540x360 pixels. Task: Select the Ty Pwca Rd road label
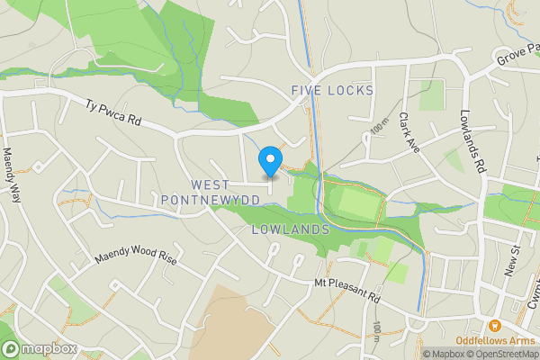point(115,112)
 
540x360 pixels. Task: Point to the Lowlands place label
point(290,229)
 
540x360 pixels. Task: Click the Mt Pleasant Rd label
point(348,291)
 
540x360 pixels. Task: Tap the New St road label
point(514,262)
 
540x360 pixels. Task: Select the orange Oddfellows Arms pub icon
point(493,325)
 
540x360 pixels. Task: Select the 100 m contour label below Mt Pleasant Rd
point(377,334)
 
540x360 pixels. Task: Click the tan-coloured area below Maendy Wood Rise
point(220,324)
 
